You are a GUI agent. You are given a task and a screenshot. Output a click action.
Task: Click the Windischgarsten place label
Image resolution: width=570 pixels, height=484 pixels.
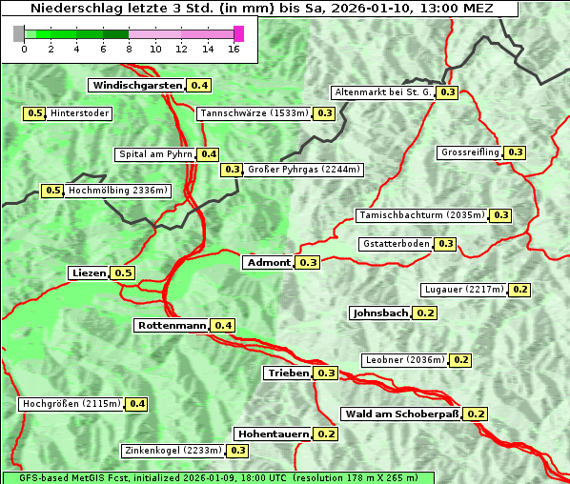tap(137, 86)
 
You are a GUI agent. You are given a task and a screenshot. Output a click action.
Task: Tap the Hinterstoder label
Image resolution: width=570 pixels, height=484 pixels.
tap(80, 114)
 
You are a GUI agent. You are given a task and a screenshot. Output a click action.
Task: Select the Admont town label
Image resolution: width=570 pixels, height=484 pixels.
tap(268, 263)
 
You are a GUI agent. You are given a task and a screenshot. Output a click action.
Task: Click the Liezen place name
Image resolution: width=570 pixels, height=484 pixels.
tap(89, 273)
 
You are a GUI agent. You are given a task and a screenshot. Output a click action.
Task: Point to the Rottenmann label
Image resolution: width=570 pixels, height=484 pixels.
tap(172, 326)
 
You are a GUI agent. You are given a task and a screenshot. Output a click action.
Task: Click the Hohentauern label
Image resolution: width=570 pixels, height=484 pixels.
tap(273, 434)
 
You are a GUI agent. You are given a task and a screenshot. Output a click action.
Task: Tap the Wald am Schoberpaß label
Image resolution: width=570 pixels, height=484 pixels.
tap(400, 414)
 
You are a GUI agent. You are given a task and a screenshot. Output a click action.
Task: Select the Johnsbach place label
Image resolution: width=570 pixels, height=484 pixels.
tap(380, 313)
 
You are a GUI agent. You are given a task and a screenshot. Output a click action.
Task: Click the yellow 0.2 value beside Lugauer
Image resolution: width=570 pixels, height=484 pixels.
tap(520, 290)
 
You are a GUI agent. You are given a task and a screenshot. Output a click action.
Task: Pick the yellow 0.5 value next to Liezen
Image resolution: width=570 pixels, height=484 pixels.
tap(123, 273)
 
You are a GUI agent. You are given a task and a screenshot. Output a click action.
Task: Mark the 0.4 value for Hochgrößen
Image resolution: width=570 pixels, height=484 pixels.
tap(137, 405)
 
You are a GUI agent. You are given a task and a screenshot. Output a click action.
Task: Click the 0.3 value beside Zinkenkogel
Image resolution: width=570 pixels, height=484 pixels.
tap(237, 451)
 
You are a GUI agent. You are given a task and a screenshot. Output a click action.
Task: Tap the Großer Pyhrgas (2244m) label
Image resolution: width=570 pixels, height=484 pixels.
tap(303, 171)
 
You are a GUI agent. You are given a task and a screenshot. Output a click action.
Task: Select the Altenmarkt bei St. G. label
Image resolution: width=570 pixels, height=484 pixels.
tap(382, 92)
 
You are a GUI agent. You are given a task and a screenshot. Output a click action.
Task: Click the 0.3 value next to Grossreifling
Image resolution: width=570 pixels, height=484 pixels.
tap(516, 152)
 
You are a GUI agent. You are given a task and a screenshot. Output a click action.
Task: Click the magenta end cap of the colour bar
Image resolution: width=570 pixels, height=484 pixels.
tap(238, 33)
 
